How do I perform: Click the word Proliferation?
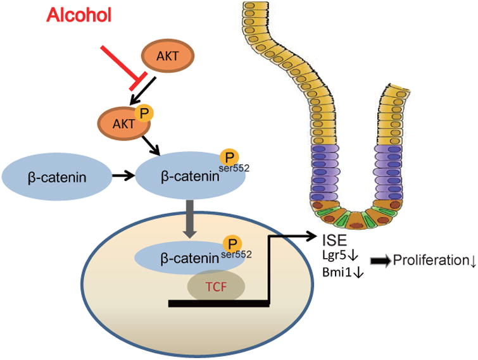[430, 260]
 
